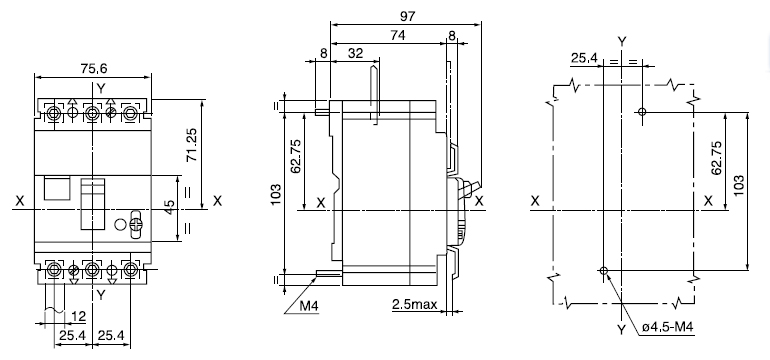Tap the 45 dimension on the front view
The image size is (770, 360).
[x=170, y=208]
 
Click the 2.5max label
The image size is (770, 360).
[x=412, y=302]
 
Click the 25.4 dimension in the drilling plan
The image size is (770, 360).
[x=585, y=58]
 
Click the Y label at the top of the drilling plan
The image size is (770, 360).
[x=622, y=40]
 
